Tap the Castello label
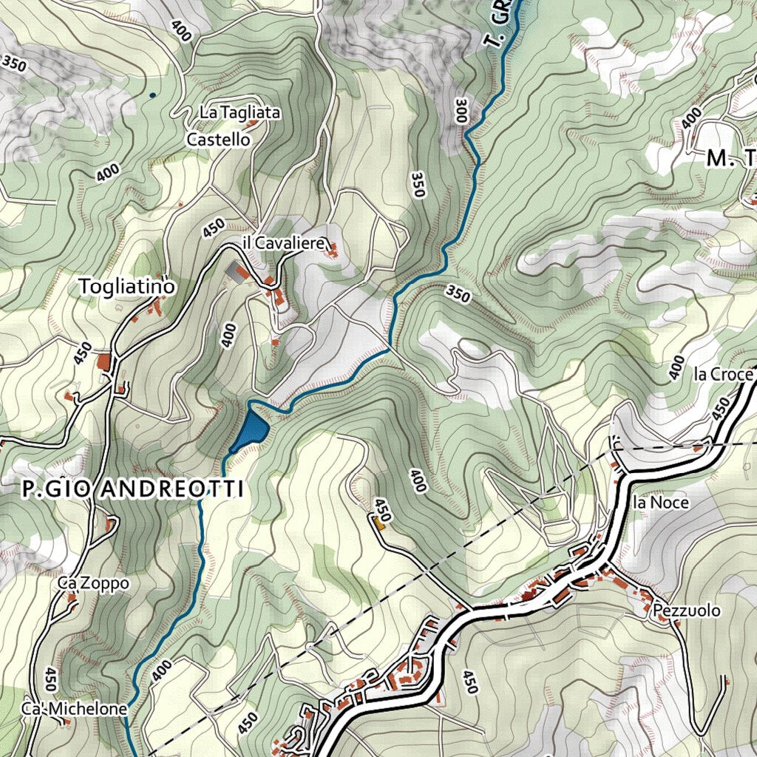coord(218,139)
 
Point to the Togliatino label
coord(127,286)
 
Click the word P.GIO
coord(58,489)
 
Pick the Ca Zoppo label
coord(94,583)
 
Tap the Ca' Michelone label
coord(74,709)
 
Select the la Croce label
coord(722,375)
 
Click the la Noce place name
coord(660,503)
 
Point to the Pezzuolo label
coord(686,611)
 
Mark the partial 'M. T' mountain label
coord(730,158)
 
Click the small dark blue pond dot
coord(152,95)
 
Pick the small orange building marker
coord(380,524)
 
